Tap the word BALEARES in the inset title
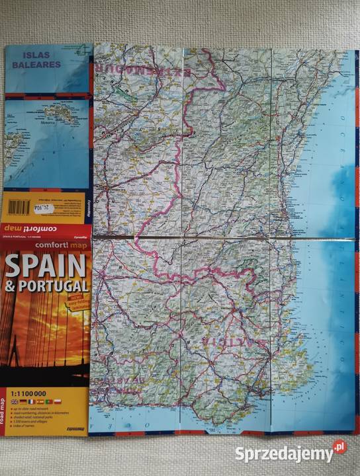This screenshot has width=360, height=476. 38,65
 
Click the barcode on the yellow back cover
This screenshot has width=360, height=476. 20,206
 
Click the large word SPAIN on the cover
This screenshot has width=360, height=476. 45,266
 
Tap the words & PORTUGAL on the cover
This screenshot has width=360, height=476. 46,287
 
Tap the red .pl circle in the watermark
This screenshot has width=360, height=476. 339,447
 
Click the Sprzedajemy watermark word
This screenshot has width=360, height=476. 283,454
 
